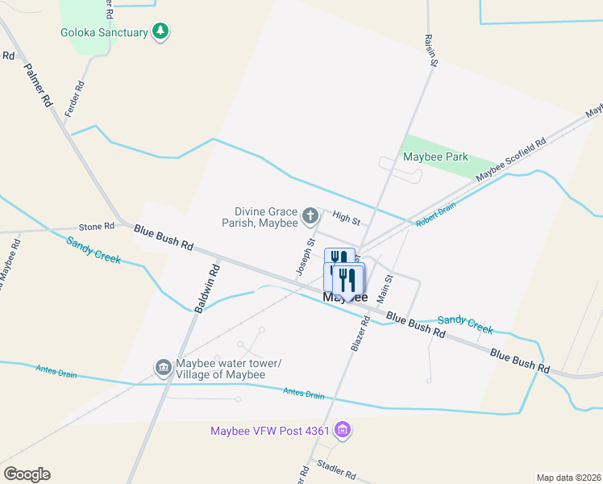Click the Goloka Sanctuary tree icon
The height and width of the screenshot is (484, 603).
161,32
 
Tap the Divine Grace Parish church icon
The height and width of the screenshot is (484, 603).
310,216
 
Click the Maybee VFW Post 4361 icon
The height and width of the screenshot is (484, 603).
343,429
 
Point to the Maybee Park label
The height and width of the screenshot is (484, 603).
435,156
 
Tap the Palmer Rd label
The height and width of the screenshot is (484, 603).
38,86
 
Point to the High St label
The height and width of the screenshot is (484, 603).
346,217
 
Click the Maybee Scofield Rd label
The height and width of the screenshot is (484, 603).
510,159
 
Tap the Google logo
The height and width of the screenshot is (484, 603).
27,474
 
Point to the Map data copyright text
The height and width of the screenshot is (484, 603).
568,477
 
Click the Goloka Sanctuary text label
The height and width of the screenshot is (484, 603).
105,33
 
